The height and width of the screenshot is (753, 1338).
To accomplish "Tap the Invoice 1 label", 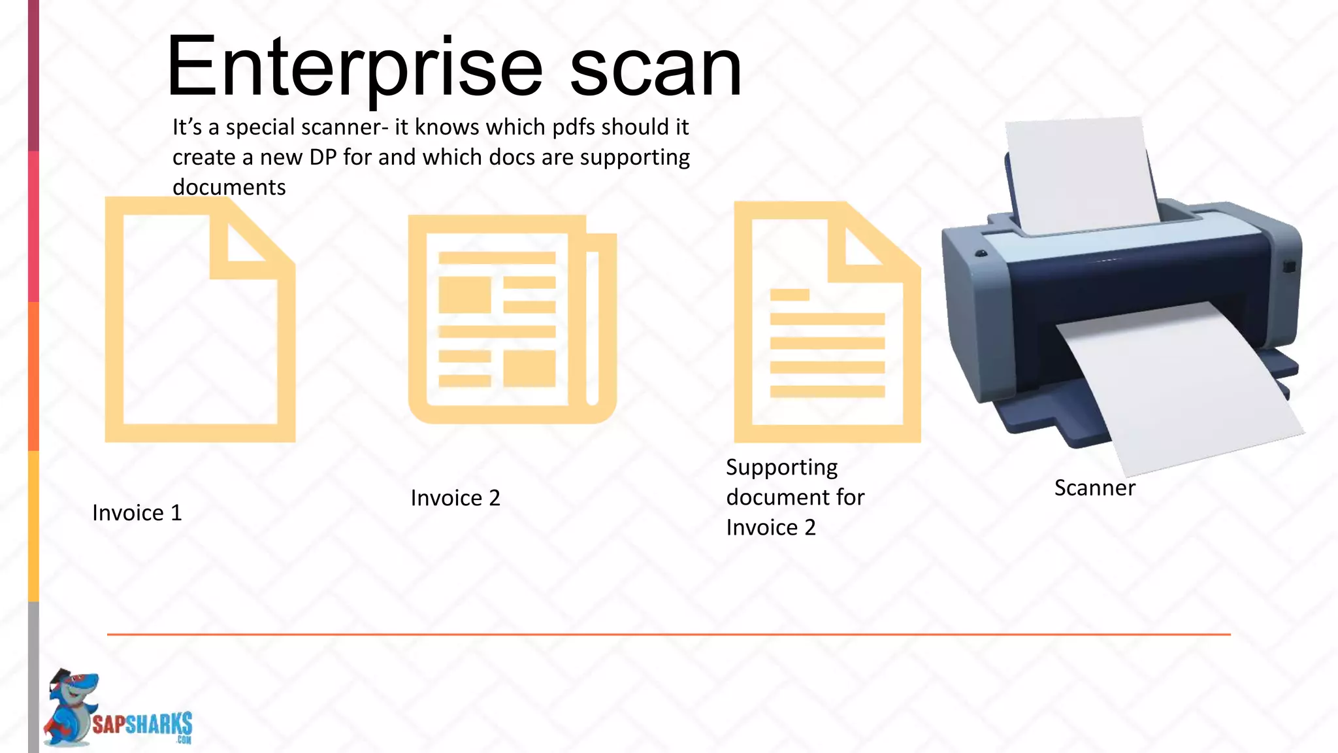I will point(137,513).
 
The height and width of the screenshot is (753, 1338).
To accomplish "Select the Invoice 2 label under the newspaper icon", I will point(455,498).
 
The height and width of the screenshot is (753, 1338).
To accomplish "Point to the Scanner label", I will point(1095,488).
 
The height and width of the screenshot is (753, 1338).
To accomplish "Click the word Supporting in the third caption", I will point(781,467).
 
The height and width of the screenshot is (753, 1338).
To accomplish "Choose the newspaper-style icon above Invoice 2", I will point(512,319).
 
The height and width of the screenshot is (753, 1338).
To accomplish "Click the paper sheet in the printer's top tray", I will point(1081,173).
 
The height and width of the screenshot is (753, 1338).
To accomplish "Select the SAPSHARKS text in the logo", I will point(142,724).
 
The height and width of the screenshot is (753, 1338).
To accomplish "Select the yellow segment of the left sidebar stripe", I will point(33,526).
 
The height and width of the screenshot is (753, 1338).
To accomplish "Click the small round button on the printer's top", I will point(981,253).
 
